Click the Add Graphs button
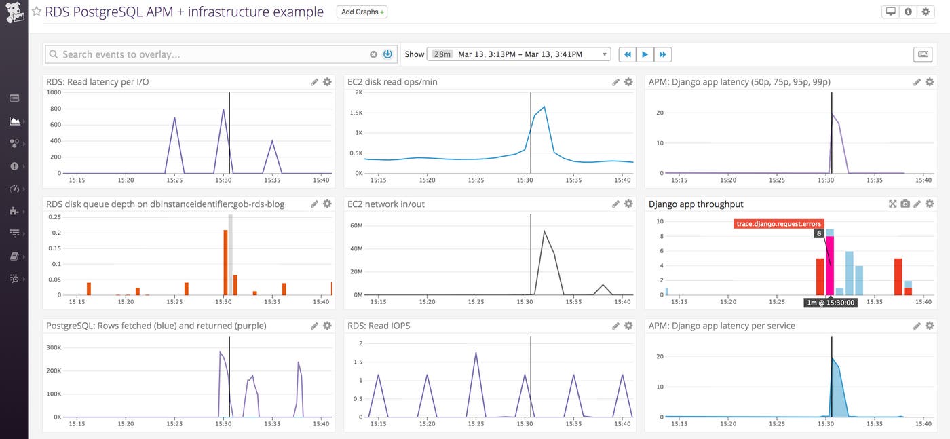(362, 12)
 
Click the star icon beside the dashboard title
(37, 12)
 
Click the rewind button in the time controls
(628, 54)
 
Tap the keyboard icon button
(923, 54)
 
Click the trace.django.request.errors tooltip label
(778, 224)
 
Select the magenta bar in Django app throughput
(829, 265)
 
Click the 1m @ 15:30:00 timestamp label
(831, 303)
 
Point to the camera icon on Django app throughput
(905, 204)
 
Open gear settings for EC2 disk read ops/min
(628, 82)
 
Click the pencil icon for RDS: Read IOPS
(615, 326)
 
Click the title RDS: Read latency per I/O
(98, 82)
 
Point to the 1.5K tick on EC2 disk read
(357, 112)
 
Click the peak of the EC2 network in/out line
(544, 231)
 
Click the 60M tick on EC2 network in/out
(356, 225)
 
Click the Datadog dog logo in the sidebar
(14, 12)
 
